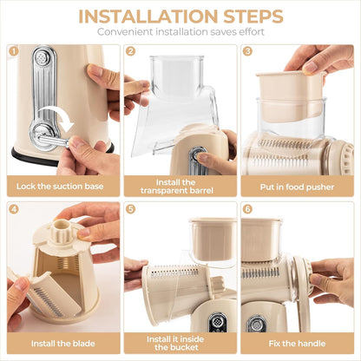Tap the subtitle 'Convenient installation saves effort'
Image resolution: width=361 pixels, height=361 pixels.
pos(180,32)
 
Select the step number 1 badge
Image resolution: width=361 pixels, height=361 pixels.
pos(13,51)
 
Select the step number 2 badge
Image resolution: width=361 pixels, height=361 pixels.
pos(130,51)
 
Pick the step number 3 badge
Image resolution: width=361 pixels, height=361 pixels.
pos(247,51)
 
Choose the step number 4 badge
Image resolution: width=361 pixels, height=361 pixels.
pos(13,209)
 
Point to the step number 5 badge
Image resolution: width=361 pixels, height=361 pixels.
pos(130,209)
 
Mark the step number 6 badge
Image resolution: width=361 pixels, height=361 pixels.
pos(247,209)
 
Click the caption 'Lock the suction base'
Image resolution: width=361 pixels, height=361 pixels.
pos(62,187)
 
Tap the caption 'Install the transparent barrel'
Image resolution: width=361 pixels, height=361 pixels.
pos(180,187)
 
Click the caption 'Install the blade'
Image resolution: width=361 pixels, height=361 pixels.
pos(62,345)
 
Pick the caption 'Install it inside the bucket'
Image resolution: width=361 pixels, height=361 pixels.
pos(180,345)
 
